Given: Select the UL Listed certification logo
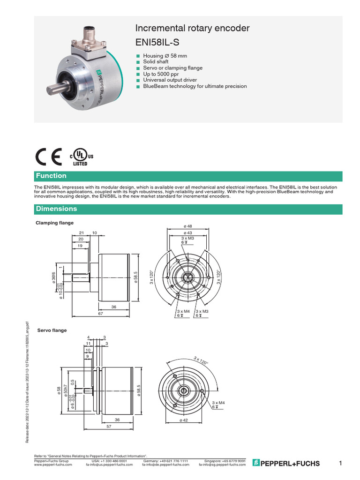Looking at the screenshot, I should click(x=82, y=157).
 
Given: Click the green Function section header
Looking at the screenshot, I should click(x=52, y=176).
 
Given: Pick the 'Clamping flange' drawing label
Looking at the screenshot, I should click(x=55, y=223).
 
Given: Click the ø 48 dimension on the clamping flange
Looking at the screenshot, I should click(x=188, y=226).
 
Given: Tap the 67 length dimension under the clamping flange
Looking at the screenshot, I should click(x=100, y=313).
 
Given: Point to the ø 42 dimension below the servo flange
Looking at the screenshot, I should click(x=183, y=420).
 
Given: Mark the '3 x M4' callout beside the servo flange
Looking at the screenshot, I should click(x=219, y=403).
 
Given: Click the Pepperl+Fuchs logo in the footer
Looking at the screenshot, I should click(x=285, y=463).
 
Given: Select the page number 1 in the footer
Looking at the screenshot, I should click(x=340, y=463).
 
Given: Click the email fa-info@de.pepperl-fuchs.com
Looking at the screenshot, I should click(x=165, y=465).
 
